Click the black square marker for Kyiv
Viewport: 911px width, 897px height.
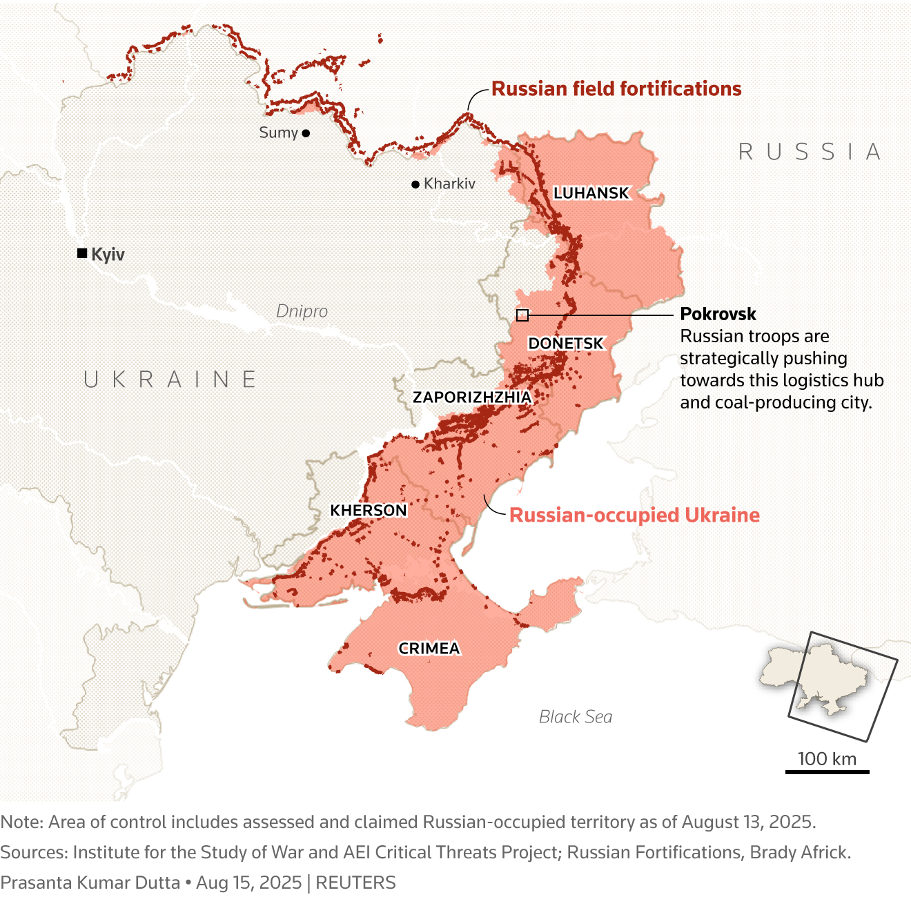tap(82, 254)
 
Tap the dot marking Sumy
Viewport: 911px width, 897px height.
tap(306, 133)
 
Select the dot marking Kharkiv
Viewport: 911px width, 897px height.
tap(415, 184)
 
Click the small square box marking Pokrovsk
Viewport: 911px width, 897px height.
tap(522, 315)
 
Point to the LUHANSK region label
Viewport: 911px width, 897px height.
tap(591, 193)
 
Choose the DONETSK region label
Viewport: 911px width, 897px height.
tap(565, 344)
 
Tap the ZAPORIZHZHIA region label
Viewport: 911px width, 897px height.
tap(472, 397)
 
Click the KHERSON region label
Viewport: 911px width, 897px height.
tap(369, 511)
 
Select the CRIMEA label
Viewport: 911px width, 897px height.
tap(429, 649)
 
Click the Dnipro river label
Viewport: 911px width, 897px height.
tap(302, 311)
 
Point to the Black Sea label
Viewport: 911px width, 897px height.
tap(575, 717)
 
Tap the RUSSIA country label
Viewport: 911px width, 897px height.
tap(810, 152)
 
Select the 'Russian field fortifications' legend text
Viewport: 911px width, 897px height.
tap(616, 89)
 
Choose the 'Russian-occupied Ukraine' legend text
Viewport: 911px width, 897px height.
tap(634, 515)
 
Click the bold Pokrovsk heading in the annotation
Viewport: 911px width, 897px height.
tap(718, 314)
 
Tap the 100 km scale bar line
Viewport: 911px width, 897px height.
tap(827, 771)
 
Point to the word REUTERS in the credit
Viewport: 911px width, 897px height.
tap(355, 883)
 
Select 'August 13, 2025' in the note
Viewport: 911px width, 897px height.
tap(748, 822)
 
